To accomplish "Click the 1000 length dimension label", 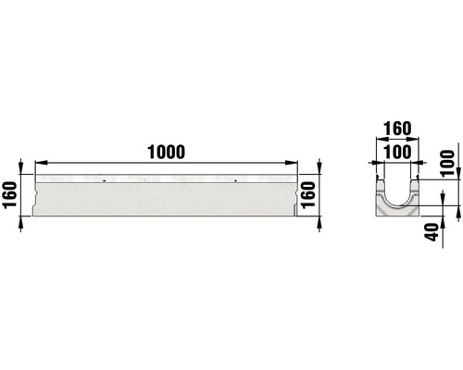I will [166, 152].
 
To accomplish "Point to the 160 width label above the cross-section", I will [397, 128].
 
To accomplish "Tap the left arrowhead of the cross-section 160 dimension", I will [375, 142].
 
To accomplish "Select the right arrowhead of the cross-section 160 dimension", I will [419, 142].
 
